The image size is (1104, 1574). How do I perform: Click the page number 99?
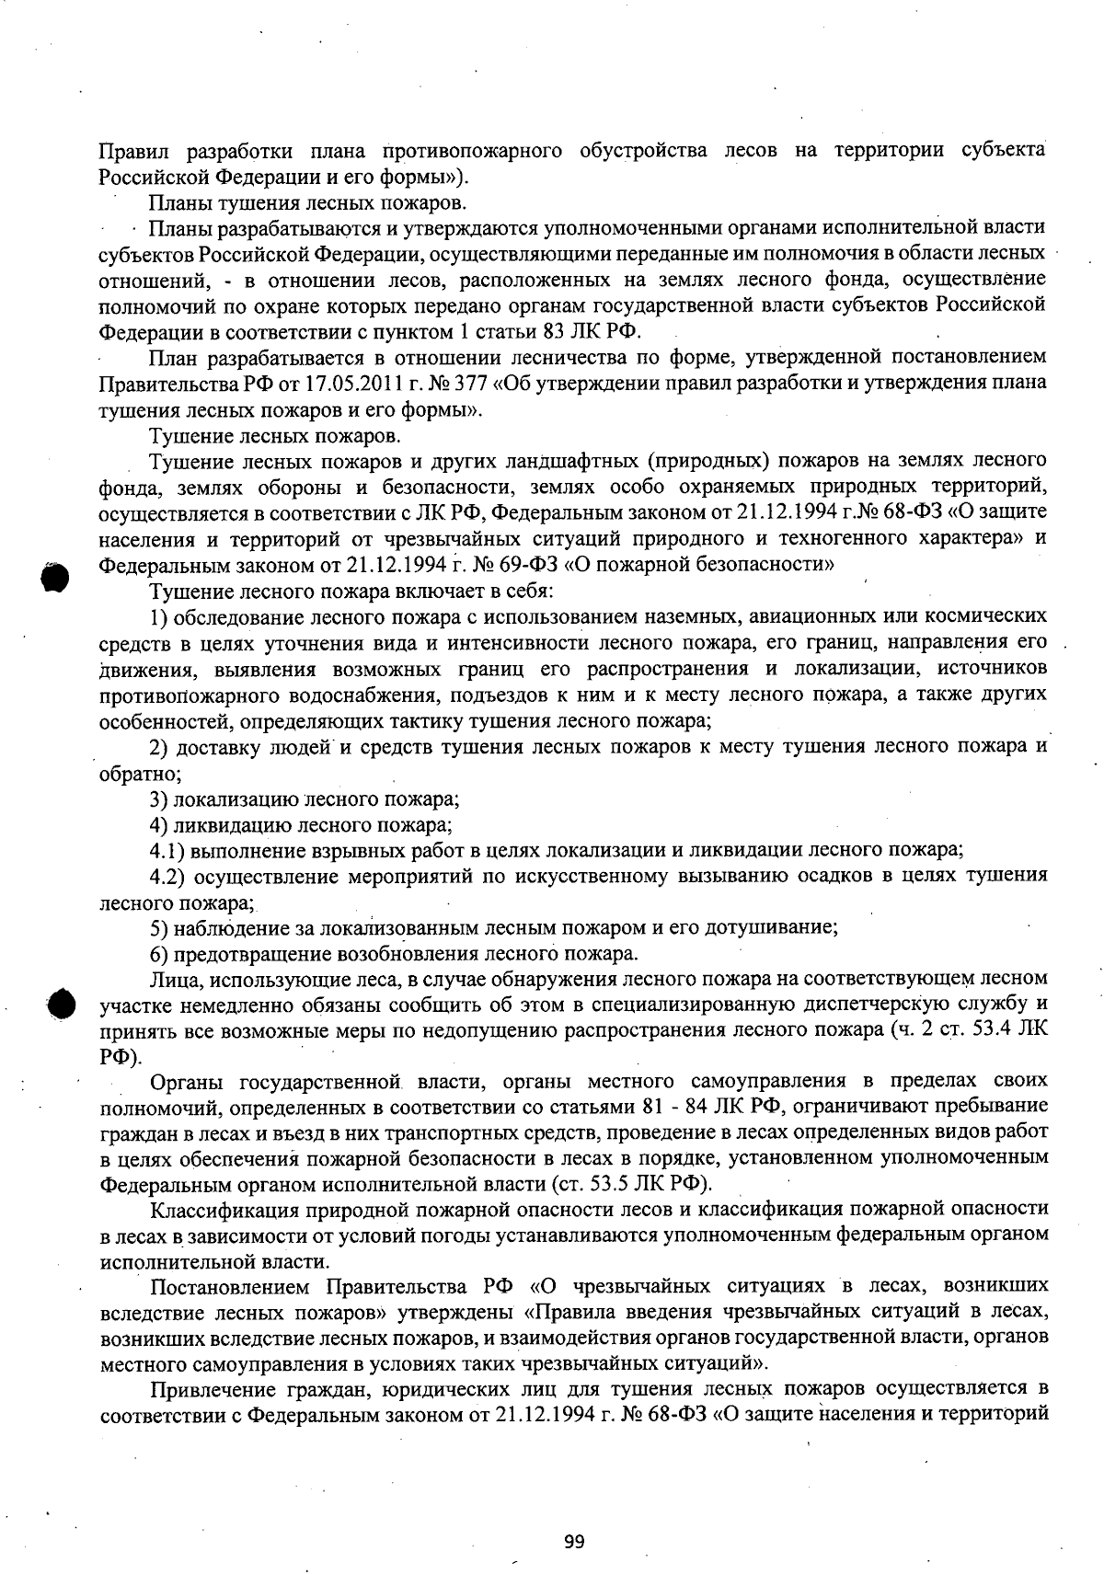pyautogui.click(x=575, y=1542)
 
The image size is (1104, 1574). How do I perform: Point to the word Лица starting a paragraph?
pyautogui.click(x=170, y=978)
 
